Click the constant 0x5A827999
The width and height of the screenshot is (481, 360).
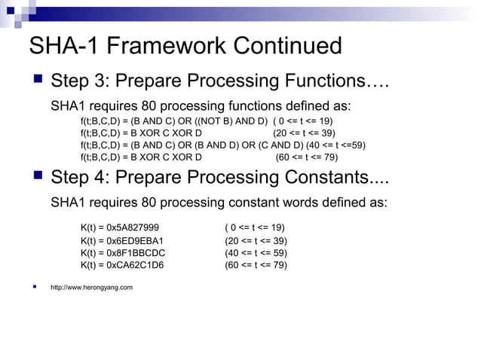coord(133,228)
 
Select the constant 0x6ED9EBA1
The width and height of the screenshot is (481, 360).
coord(134,241)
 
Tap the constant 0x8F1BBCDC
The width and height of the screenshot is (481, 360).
coord(133,253)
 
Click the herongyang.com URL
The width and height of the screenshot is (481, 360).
coord(91,287)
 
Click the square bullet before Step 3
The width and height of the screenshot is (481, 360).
coord(35,79)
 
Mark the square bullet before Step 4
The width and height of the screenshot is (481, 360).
coord(35,177)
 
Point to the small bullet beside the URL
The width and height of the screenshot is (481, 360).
coord(35,286)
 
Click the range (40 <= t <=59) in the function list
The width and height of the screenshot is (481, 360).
coord(335,145)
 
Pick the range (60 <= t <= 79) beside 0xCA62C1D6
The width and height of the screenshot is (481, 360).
coord(256,265)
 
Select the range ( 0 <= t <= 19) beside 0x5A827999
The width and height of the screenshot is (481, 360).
coord(254,228)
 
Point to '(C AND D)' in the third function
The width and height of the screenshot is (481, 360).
coord(280,145)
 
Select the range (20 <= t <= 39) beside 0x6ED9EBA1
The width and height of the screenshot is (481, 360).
coord(256,241)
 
